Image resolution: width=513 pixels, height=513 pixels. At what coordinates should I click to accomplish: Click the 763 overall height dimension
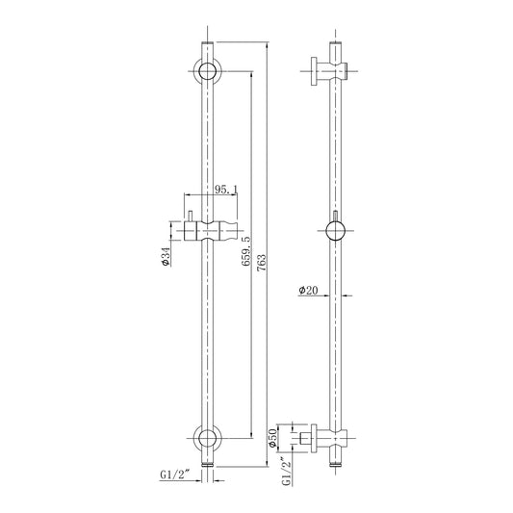[262, 263]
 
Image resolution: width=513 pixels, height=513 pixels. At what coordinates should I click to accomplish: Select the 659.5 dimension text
[246, 251]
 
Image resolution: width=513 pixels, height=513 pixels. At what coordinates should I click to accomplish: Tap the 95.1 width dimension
[226, 189]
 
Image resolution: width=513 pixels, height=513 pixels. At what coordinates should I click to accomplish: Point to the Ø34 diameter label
[167, 256]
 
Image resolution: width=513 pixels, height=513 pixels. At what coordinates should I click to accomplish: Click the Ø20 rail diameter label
[308, 290]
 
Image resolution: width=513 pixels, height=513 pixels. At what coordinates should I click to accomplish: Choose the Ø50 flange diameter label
[273, 437]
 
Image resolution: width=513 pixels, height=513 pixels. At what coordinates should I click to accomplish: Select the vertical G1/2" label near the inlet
[287, 471]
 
